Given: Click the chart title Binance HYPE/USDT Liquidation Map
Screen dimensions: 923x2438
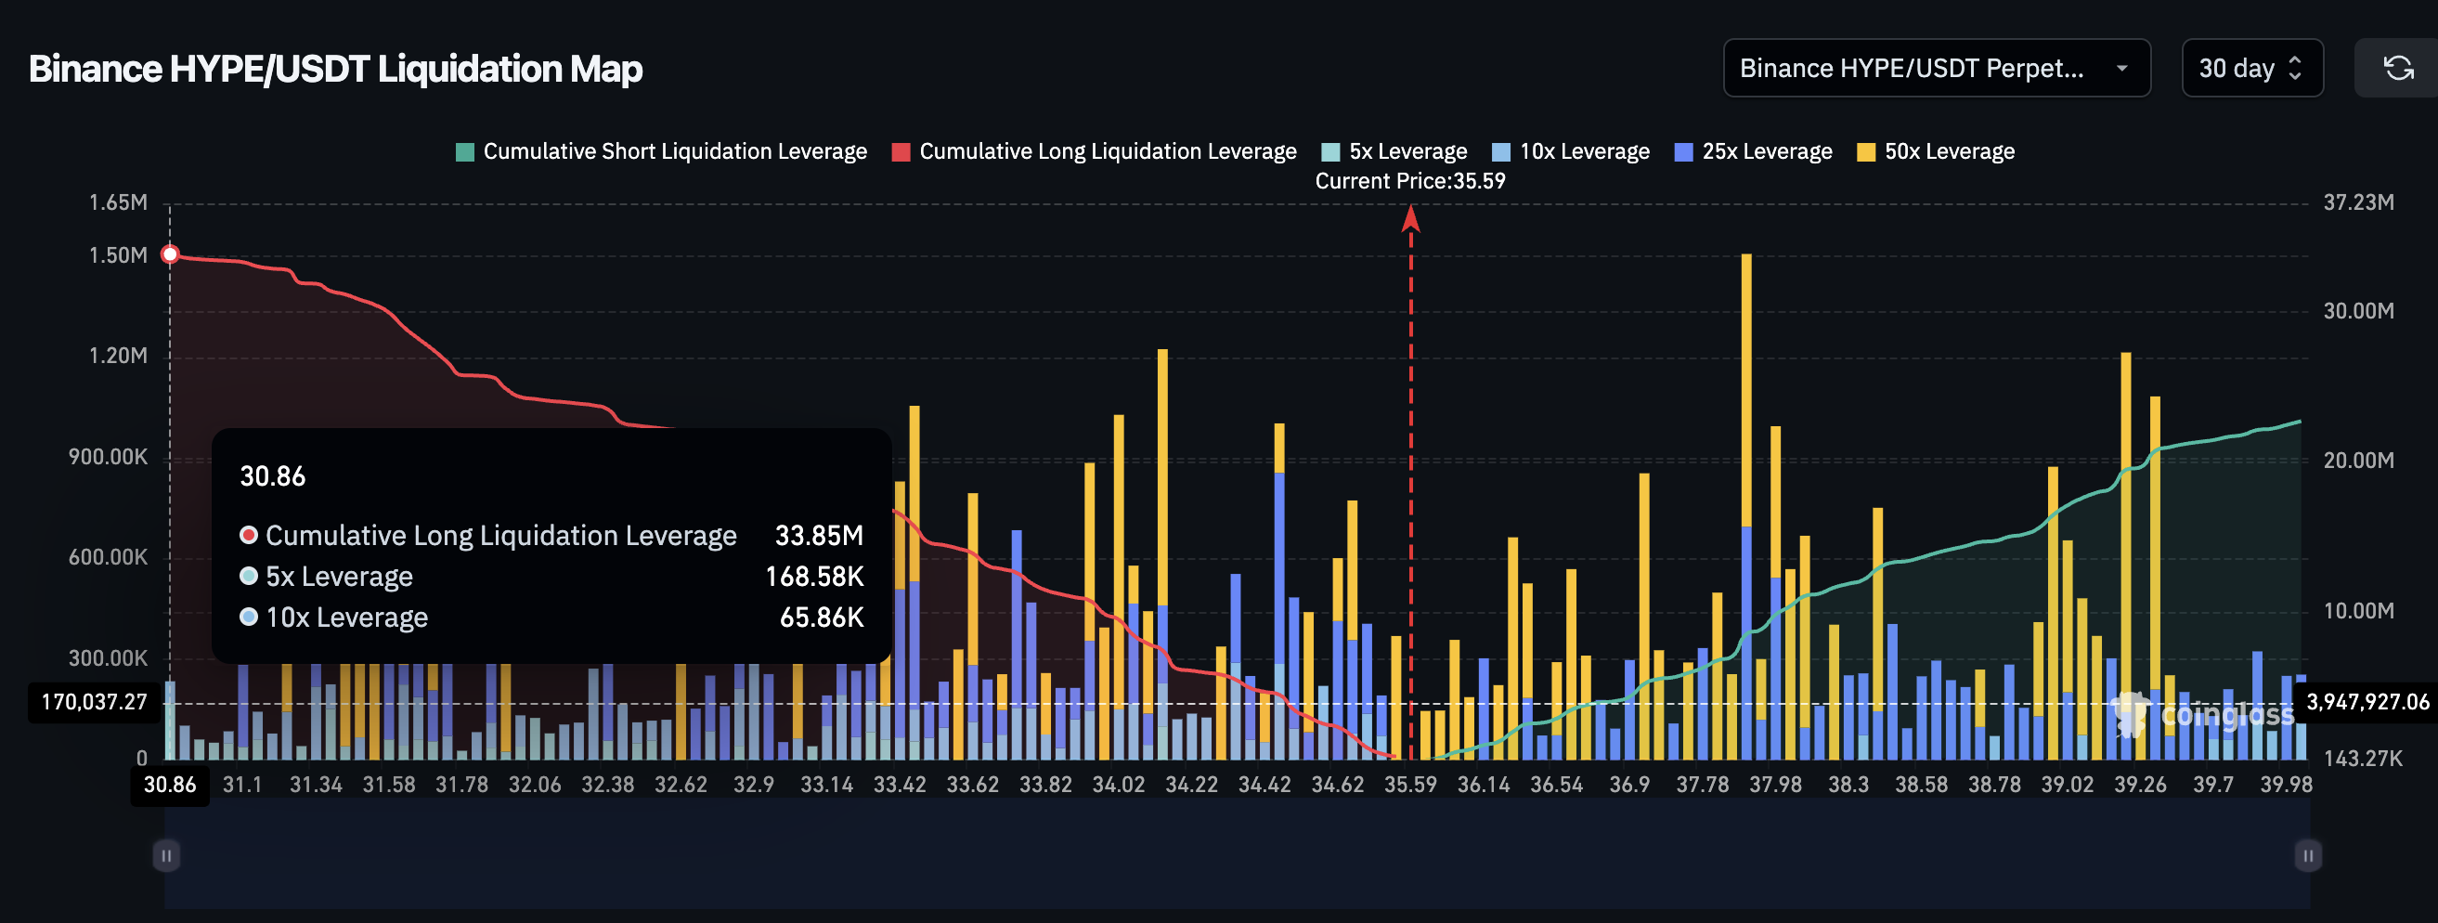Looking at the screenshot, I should coord(335,69).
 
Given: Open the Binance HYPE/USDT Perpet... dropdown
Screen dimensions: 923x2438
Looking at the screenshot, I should coord(1936,68).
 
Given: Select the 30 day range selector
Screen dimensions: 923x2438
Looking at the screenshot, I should coord(2250,68).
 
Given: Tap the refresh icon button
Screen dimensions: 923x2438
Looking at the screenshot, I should coord(2397,68).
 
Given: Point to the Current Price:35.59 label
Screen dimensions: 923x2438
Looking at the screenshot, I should coord(1409,181).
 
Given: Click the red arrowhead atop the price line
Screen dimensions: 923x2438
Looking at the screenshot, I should coord(1410,219).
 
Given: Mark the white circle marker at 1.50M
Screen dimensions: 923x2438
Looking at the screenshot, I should coord(170,254).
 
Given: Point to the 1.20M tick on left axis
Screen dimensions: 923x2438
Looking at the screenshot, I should coord(118,356).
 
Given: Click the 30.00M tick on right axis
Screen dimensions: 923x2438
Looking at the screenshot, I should coord(2357,311).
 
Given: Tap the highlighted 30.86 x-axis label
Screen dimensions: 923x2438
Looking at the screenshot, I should coord(170,785).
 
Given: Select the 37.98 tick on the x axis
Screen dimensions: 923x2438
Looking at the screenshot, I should coord(1774,785).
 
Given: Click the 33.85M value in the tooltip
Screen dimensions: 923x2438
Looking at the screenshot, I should coord(819,536).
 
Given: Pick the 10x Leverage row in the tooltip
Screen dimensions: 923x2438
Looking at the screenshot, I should coord(346,617).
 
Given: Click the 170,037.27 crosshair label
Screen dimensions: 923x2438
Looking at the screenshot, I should coord(95,702).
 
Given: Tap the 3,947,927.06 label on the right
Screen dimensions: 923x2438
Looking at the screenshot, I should coord(2367,702).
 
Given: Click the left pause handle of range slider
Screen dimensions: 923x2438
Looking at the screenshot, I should coord(166,856).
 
